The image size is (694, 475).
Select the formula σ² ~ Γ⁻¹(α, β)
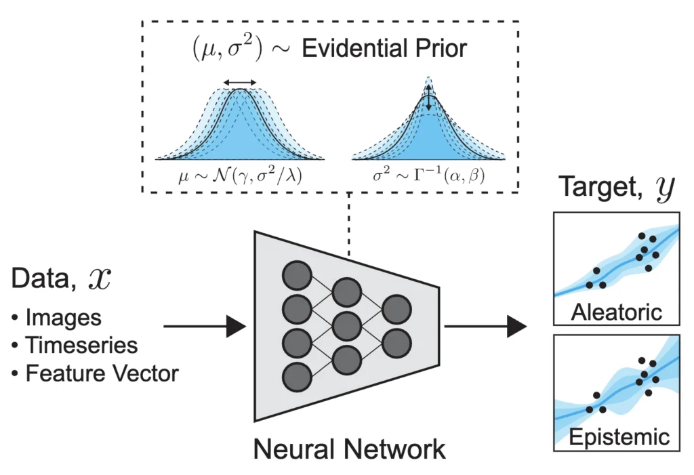pos(428,175)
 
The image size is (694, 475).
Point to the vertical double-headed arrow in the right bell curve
pos(428,101)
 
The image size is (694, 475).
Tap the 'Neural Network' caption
pos(349,449)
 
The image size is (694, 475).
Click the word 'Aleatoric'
pos(616,313)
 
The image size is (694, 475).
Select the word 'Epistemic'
pos(616,436)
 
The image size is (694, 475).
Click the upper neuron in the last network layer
pos(396,308)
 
